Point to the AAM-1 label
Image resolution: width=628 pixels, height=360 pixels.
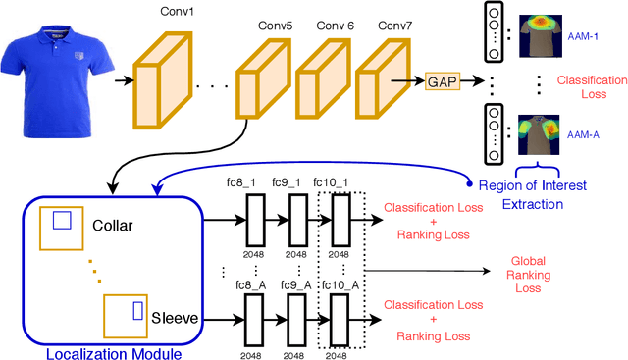pyautogui.click(x=583, y=35)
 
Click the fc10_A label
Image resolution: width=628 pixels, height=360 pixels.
pyautogui.click(x=338, y=284)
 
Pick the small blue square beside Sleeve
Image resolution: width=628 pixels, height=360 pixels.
pyautogui.click(x=138, y=311)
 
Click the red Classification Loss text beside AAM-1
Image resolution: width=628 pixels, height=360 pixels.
pyautogui.click(x=589, y=86)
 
